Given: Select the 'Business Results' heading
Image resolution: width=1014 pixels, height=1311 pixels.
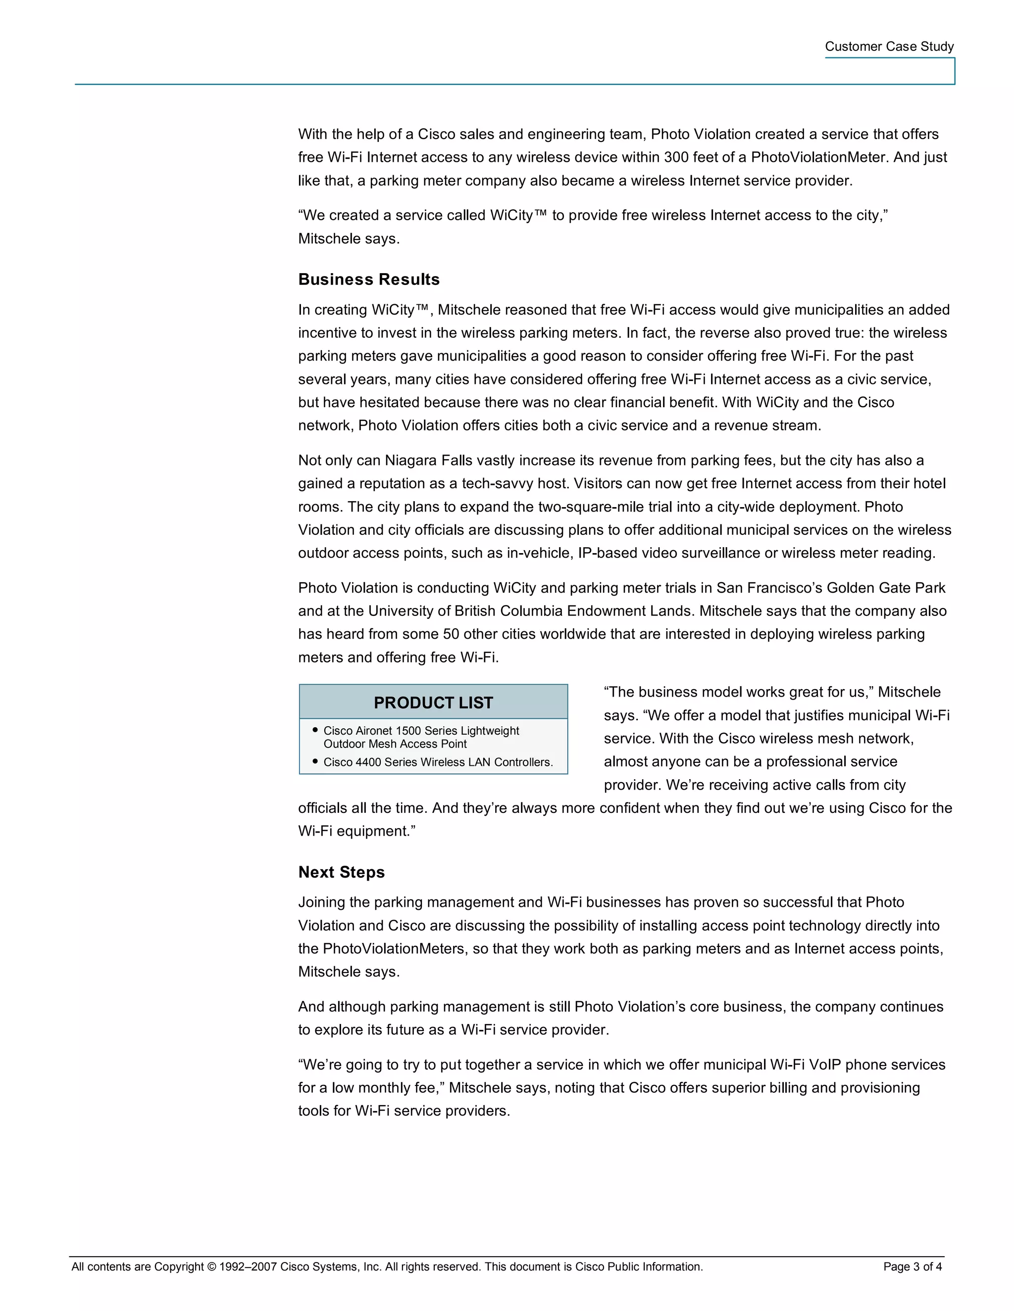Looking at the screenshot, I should tap(369, 279).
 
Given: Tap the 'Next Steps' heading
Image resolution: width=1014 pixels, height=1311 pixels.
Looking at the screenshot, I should tap(341, 872).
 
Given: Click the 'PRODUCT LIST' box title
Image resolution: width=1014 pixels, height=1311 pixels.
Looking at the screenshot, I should tap(433, 702).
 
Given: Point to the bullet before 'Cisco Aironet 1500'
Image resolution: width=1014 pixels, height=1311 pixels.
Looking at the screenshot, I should tap(315, 730).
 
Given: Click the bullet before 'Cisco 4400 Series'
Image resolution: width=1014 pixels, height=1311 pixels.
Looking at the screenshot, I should tap(315, 761).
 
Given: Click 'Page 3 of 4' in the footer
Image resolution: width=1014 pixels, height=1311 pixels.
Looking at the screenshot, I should tap(912, 1266).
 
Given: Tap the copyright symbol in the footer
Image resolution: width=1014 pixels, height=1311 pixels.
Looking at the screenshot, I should tap(211, 1266).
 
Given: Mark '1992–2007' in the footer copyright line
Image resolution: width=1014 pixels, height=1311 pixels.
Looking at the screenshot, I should tap(248, 1266).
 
